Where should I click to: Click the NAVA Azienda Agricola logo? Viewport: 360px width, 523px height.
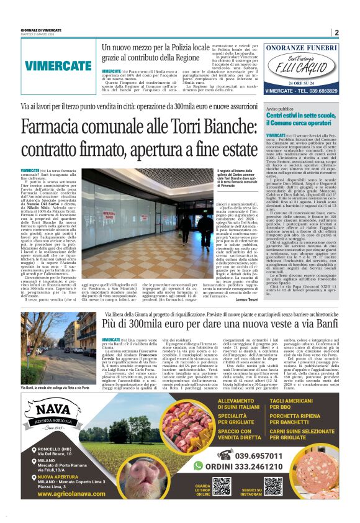[60, 416]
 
